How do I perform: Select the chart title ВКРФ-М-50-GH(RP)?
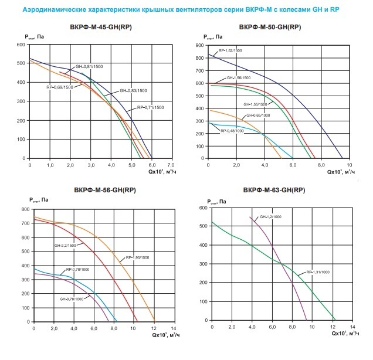click(273, 28)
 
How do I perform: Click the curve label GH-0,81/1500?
click(87, 67)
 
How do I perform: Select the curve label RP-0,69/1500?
click(59, 87)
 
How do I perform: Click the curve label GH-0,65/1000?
click(259, 115)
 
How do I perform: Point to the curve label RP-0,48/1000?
click(232, 131)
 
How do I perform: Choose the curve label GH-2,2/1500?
click(66, 246)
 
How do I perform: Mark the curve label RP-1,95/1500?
click(138, 258)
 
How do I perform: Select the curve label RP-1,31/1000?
click(318, 273)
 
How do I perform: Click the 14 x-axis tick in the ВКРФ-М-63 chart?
click(351, 326)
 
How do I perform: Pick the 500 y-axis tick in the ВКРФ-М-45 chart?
click(21, 63)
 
